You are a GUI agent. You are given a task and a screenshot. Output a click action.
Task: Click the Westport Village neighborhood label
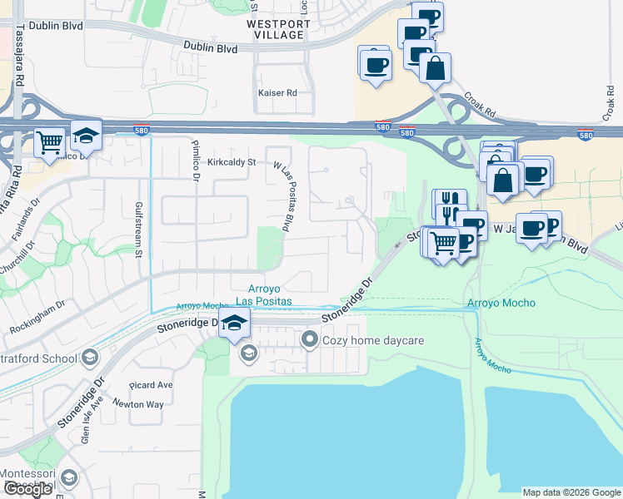coord(279,29)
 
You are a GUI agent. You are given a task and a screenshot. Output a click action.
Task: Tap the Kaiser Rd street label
coord(277,93)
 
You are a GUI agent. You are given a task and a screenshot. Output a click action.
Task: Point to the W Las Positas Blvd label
coord(285,195)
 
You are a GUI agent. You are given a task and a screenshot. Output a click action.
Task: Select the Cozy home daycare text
coord(363,339)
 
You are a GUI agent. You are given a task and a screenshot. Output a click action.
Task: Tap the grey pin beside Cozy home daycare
coord(310,339)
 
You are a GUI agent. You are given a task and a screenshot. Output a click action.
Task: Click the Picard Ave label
coord(151,385)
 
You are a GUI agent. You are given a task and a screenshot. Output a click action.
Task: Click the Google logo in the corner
coord(28,489)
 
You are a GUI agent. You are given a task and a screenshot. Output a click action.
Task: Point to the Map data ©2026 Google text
coord(571,492)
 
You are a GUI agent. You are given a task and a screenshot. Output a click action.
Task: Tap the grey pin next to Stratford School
coord(90,358)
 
